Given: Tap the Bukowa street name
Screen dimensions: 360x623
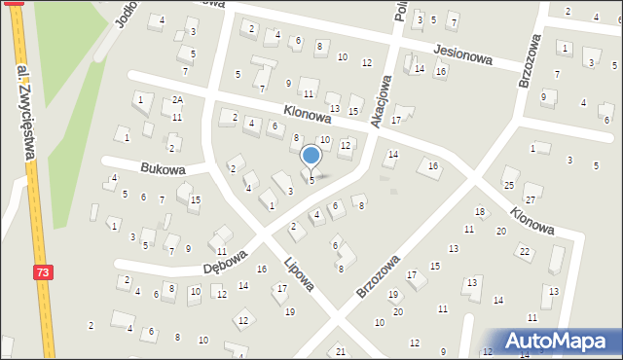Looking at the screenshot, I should click(162, 168).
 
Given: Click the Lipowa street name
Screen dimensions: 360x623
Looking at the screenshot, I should click(299, 273).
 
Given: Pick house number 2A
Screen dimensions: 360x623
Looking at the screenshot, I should click(176, 100).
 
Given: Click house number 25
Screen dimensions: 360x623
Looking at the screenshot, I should click(508, 185).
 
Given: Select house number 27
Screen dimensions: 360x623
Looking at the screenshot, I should click(530, 189).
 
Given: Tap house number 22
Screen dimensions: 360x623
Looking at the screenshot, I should click(524, 251).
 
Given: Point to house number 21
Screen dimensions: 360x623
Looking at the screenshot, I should click(340, 351).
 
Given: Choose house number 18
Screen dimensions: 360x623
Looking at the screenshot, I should click(479, 212).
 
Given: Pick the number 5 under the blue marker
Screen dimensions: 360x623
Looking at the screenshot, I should click(311, 180).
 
